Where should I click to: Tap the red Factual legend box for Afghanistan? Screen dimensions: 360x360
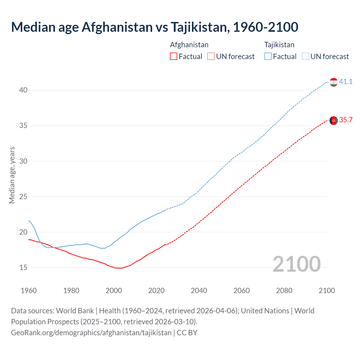tap(174, 57)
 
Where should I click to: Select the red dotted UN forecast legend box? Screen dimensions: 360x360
tap(211, 57)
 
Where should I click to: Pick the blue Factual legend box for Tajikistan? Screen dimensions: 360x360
tap(268, 57)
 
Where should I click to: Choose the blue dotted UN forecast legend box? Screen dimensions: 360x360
tap(305, 57)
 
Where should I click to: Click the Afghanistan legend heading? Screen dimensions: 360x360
tap(189, 45)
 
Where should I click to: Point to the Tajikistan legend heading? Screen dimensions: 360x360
tap(279, 45)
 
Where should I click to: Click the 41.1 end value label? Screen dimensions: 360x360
tap(346, 82)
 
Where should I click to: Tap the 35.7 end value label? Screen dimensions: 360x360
tap(346, 120)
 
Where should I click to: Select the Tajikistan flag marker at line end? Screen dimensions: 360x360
tap(334, 82)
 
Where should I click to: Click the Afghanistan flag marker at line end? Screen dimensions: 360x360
tap(334, 120)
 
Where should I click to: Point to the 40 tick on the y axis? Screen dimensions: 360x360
tap(23, 90)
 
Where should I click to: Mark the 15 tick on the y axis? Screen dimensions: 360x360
tap(23, 267)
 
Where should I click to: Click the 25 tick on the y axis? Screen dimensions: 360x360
tap(23, 197)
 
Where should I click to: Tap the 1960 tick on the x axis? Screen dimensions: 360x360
tap(29, 291)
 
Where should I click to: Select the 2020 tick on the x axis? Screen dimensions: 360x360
tap(156, 291)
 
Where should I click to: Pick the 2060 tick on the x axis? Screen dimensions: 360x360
tap(242, 291)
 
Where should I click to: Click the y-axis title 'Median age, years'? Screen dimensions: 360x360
tap(12, 175)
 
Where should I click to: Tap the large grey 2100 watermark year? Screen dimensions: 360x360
tap(296, 264)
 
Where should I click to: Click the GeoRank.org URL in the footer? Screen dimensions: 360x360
tap(91, 333)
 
